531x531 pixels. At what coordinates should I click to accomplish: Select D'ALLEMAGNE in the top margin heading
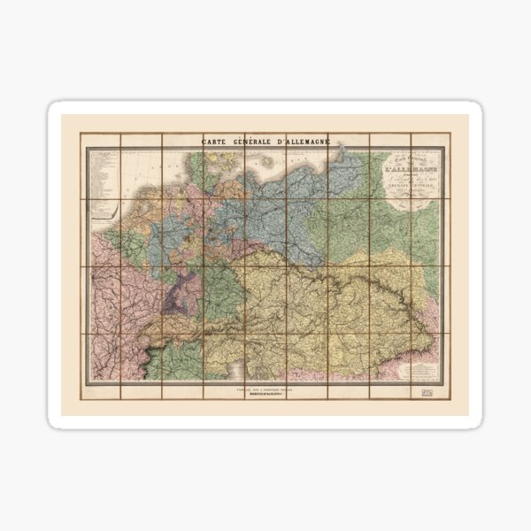tap(310, 142)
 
